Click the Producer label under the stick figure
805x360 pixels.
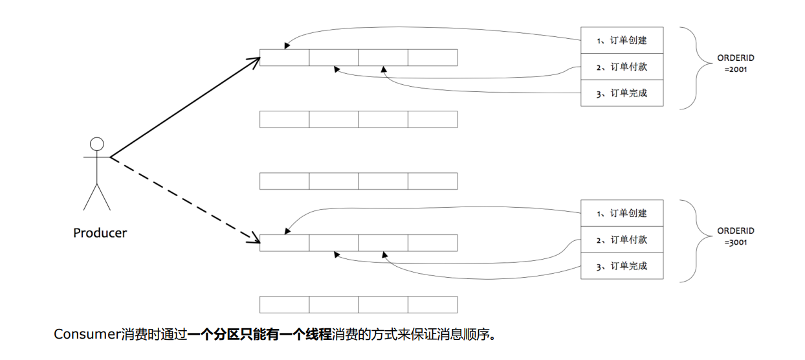100,233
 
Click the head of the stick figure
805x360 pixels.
97,144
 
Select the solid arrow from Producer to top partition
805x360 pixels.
184,107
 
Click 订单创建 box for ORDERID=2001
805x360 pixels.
622,40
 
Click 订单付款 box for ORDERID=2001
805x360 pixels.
622,67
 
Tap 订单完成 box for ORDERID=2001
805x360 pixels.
622,93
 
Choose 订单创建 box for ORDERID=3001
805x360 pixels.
622,213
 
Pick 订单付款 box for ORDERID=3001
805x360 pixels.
622,240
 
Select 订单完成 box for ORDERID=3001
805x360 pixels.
622,266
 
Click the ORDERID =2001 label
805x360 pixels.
736,63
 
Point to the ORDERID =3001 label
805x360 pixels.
736,236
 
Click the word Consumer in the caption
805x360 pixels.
87,335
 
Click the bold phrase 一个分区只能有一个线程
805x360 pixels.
259,335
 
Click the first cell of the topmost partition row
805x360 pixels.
284,58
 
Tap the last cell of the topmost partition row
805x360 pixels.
432,58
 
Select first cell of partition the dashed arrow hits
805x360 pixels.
284,243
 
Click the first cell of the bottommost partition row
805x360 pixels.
284,304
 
